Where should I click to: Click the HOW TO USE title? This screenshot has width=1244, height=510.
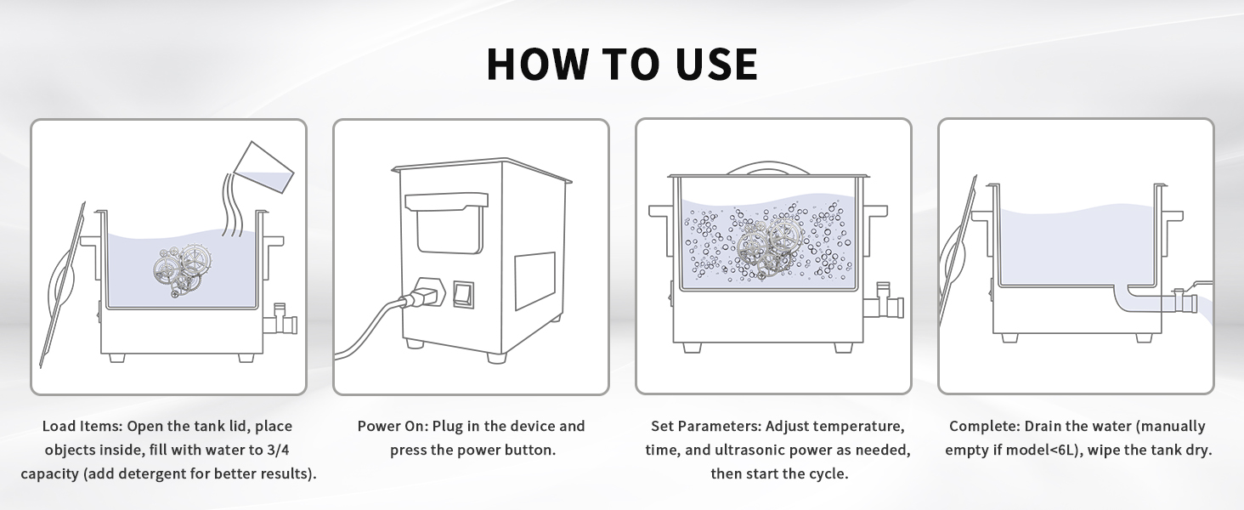coord(622,65)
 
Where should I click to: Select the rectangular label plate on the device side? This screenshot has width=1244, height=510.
coord(534,280)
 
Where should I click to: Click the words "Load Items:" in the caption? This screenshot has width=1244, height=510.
coord(82,426)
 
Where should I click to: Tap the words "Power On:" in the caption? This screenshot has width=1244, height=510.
coord(393,426)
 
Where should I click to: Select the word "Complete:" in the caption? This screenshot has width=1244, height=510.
coord(985,426)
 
